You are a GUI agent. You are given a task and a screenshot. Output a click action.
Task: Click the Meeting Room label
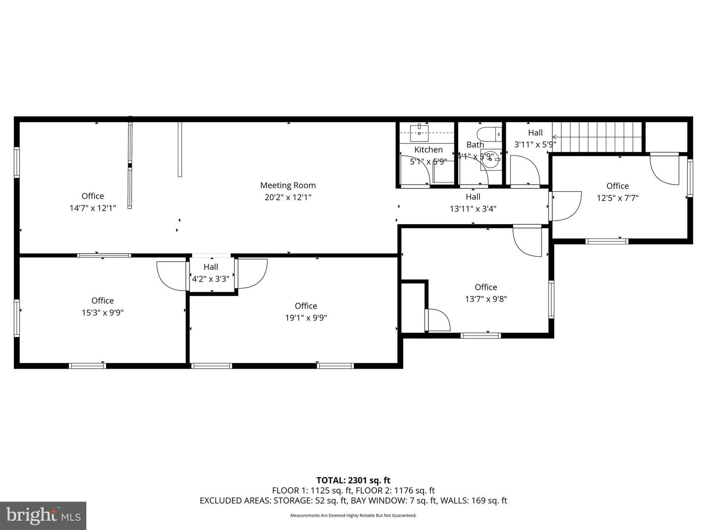tap(288, 185)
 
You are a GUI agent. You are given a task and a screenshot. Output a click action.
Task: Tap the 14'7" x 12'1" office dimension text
tap(93, 208)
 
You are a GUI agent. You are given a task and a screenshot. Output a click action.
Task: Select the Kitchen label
tap(428, 150)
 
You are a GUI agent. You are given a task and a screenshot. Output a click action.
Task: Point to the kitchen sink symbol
tap(420, 132)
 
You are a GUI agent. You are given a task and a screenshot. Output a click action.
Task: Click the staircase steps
tap(598, 137)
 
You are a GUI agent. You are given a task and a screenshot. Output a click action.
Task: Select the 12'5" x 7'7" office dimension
tap(617, 198)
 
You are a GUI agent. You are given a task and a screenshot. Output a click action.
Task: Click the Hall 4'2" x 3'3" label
tap(211, 273)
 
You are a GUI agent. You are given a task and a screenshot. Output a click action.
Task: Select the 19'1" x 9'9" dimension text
tap(306, 318)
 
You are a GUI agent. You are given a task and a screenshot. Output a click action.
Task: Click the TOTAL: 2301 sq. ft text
tap(353, 480)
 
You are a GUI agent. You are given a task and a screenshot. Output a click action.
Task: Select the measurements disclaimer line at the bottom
tap(353, 515)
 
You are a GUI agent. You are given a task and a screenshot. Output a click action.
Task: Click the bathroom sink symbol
tap(489, 160)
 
